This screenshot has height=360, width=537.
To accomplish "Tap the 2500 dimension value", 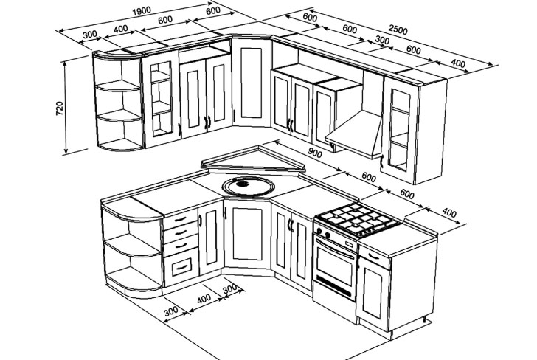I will [398, 31].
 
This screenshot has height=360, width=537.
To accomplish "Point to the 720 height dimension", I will [60, 108].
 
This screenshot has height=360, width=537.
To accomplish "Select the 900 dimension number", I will [316, 153].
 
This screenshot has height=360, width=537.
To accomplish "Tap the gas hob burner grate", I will [356, 218].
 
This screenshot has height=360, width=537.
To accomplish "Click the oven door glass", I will [335, 264].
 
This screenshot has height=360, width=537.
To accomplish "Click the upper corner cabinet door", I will [251, 83].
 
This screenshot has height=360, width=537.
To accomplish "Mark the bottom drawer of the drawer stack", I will [181, 265].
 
